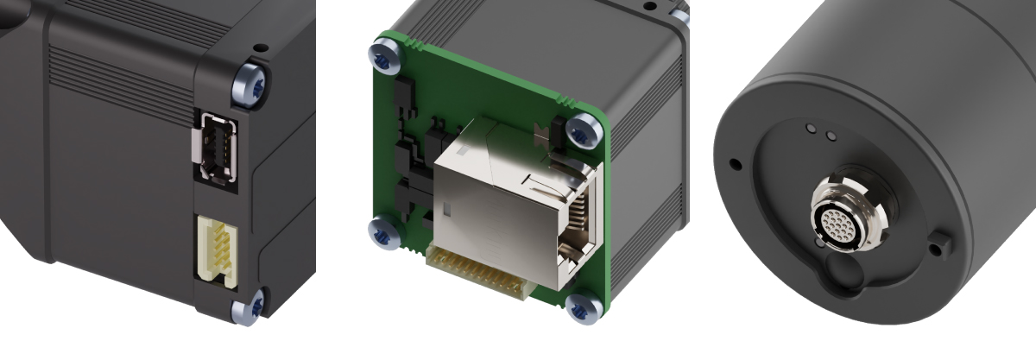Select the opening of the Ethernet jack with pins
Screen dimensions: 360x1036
click(577, 224)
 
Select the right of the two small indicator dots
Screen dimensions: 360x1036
click(831, 135)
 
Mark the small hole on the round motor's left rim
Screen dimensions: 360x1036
click(735, 163)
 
